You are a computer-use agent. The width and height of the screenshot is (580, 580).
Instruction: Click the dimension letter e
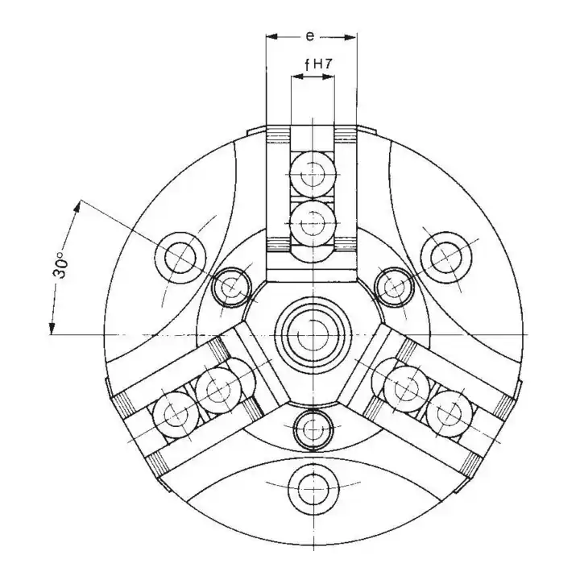pos(310,36)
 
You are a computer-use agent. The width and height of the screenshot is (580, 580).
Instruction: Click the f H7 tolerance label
pos(318,64)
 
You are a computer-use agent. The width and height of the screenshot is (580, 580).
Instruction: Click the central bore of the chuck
pos(313,335)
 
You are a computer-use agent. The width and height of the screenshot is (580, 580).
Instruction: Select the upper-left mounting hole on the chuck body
pos(180,258)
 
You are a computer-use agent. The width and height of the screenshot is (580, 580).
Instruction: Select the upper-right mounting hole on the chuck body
pos(446,258)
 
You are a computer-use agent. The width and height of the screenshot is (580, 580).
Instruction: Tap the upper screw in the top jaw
pos(314,174)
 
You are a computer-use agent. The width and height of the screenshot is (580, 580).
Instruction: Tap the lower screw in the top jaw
pos(314,223)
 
